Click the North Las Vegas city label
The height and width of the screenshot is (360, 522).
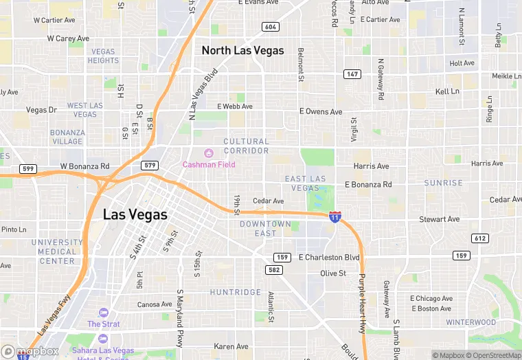[242, 51]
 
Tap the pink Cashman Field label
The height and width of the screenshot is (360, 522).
[209, 165]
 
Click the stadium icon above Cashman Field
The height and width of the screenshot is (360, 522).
[209, 153]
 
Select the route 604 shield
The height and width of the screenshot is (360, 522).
[270, 27]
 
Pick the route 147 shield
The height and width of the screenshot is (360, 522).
[352, 74]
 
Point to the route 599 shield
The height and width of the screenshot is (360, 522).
[28, 168]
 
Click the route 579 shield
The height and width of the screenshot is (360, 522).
[150, 166]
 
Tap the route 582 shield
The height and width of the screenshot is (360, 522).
[275, 270]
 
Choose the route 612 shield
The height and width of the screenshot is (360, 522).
[480, 238]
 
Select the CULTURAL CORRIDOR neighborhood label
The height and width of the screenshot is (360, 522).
[246, 146]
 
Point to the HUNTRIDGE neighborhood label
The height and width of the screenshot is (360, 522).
[235, 293]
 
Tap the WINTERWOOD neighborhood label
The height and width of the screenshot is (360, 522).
[470, 322]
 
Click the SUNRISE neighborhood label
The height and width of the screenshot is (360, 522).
[443, 183]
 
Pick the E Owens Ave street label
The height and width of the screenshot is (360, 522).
[321, 111]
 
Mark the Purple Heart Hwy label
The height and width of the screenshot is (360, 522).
[362, 302]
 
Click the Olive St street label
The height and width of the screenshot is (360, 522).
[333, 273]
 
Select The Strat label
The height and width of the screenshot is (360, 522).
[104, 324]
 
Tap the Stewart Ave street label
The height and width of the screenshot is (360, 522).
[440, 220]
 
